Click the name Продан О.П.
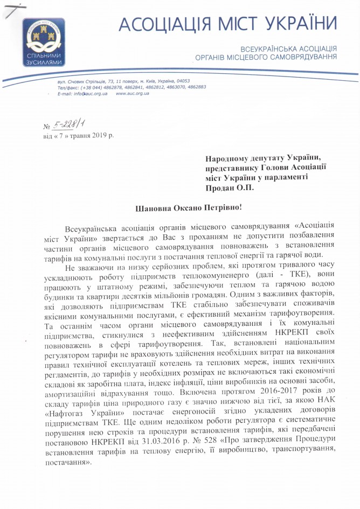pos(229,189)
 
